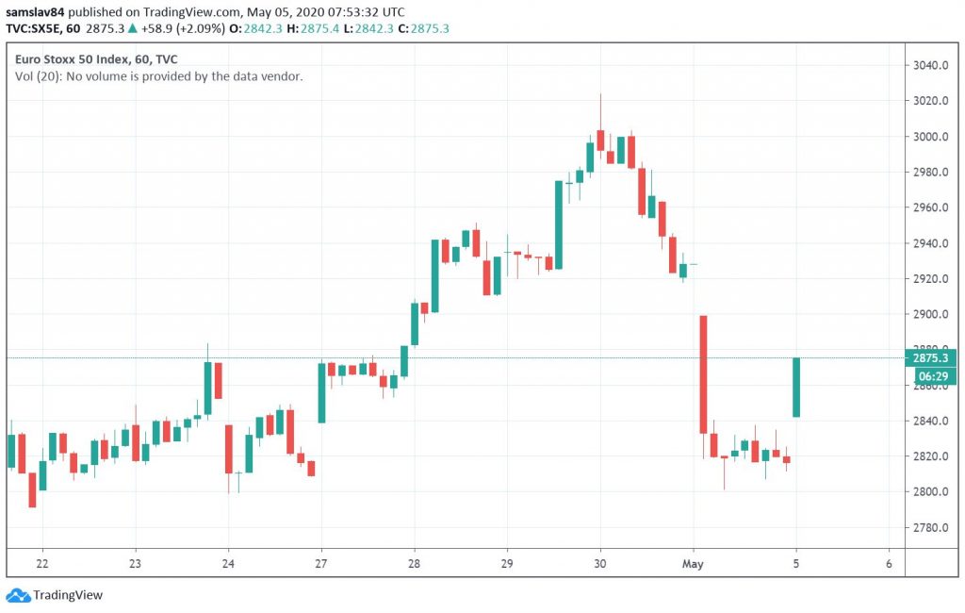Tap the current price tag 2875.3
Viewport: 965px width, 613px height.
(x=930, y=358)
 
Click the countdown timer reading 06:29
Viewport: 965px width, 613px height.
(x=930, y=375)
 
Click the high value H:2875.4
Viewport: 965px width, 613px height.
(x=333, y=28)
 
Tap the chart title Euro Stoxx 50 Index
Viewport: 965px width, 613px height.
(x=73, y=58)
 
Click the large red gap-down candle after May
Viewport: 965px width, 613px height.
(x=703, y=373)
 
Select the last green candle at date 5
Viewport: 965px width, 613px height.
(x=796, y=387)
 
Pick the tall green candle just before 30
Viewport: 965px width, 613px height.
(x=558, y=224)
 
